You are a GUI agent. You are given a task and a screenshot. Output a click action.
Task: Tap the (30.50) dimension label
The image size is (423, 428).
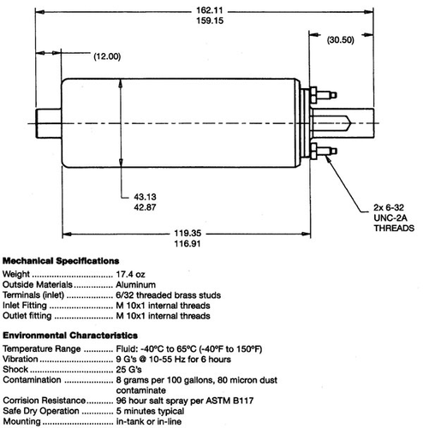pyautogui.click(x=348, y=39)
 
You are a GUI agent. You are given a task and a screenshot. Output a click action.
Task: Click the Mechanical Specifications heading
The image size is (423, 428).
pyautogui.click(x=62, y=260)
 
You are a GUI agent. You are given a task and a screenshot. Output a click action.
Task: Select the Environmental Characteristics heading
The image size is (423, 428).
pyautogui.click(x=69, y=337)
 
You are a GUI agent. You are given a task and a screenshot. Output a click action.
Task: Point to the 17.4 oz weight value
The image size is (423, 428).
pyautogui.click(x=133, y=274)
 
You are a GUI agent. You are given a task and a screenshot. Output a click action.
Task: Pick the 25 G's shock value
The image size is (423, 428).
pyautogui.click(x=129, y=370)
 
